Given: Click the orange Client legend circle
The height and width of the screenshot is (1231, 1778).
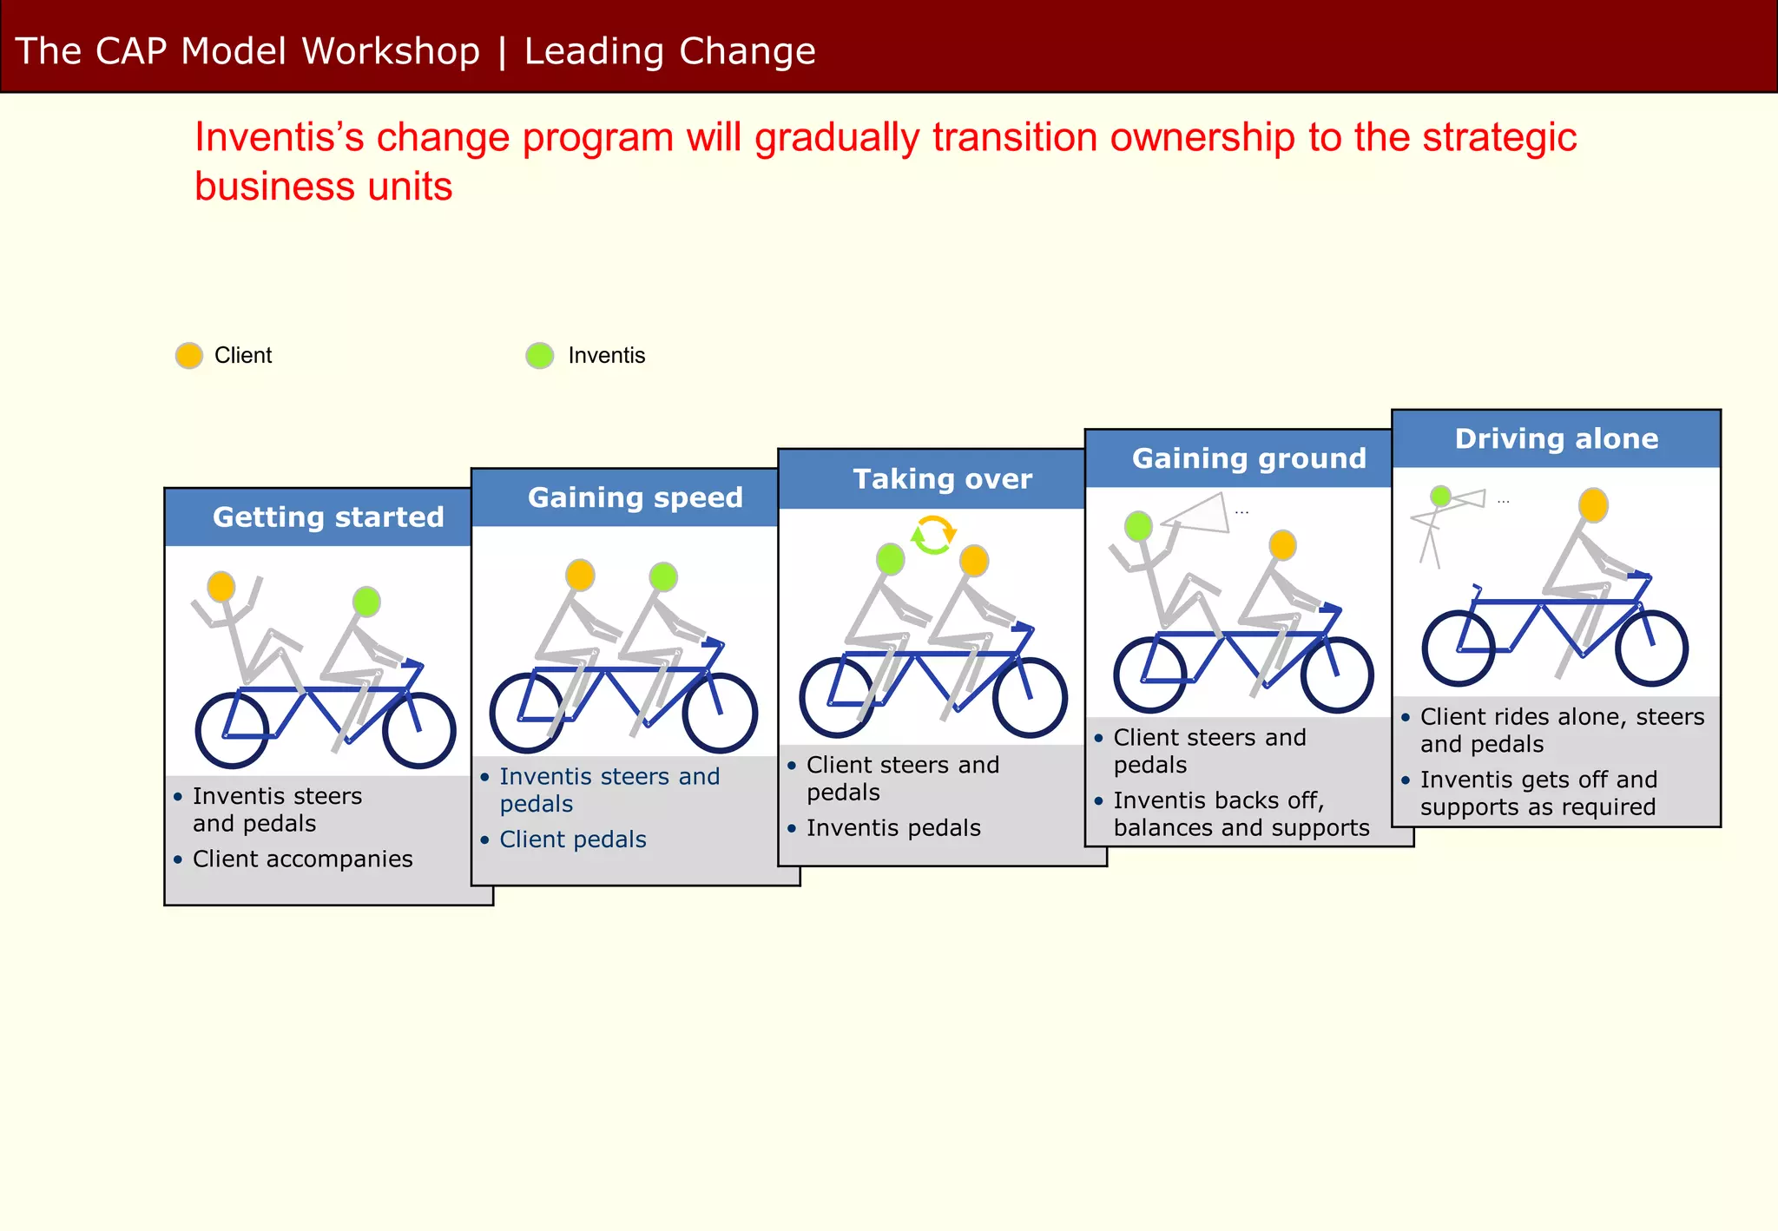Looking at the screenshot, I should tap(189, 355).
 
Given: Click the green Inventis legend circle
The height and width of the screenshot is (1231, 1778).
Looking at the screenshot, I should tap(540, 355).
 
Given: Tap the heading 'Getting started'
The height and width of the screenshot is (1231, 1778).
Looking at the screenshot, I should tap(328, 517).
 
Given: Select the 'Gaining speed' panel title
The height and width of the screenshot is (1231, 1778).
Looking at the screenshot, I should tap(635, 497).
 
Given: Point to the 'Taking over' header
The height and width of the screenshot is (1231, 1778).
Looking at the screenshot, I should tap(943, 479).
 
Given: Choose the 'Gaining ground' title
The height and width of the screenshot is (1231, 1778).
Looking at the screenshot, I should tap(1249, 458).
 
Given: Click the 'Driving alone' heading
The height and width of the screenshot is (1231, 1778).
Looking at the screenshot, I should tap(1557, 438).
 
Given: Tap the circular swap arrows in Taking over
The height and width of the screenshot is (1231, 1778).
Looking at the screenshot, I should tap(933, 535).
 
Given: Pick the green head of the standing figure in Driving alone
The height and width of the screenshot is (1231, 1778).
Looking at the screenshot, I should tap(1440, 496).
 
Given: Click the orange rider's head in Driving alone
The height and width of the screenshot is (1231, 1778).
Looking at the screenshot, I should tap(1593, 504).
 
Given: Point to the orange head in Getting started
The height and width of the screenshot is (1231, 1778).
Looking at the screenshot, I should tap(221, 587).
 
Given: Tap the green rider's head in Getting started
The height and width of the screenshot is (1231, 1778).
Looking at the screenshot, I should tap(366, 601).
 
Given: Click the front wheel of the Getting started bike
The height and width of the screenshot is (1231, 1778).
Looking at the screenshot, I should tap(420, 730).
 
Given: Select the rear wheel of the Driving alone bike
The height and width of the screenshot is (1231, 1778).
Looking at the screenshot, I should tap(1459, 648).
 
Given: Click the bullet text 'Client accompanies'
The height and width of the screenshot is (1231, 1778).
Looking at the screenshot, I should tap(302, 859).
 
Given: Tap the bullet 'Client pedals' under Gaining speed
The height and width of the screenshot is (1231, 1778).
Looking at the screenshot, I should tap(573, 839).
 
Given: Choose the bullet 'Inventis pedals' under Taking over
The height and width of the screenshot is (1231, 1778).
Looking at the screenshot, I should tap(893, 828).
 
